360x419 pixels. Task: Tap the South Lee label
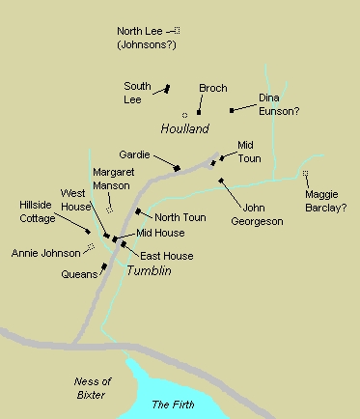[x=138, y=92]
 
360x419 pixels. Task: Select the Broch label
[x=213, y=89]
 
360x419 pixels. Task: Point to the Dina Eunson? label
[x=279, y=105]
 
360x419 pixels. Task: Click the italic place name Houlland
[x=184, y=128]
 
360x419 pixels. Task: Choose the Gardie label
[x=134, y=154]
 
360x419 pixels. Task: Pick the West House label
[x=76, y=200]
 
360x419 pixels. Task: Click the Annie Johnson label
[x=43, y=254]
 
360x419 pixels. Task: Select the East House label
[x=166, y=256]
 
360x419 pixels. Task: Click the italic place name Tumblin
[x=149, y=271]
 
